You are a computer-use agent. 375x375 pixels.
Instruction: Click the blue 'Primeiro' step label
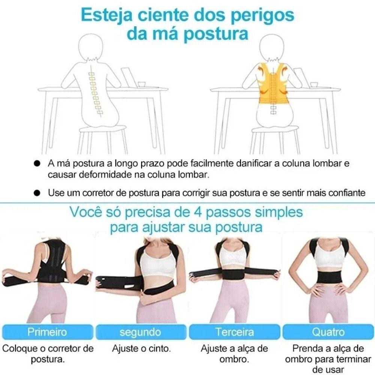coord(47,332)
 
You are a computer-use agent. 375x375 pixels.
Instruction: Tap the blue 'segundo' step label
coord(141,332)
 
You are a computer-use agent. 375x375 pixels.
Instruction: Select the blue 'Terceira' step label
coord(234,332)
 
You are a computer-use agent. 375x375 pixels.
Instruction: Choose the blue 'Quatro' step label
coord(328,332)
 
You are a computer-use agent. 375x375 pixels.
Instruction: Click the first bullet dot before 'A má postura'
coord(36,164)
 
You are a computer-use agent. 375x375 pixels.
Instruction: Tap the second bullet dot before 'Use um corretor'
coord(36,193)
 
